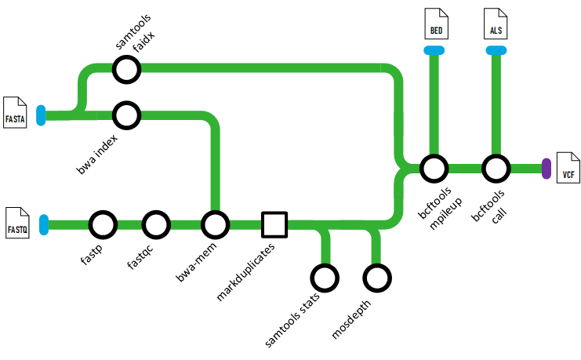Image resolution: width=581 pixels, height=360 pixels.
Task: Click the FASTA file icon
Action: tap(16, 111)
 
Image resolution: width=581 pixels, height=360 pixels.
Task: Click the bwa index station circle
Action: tap(126, 116)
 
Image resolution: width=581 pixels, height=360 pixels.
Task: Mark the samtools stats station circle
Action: tap(325, 278)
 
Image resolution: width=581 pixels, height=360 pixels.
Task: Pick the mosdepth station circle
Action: tap(377, 278)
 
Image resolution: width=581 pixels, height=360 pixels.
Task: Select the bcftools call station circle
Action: tap(496, 168)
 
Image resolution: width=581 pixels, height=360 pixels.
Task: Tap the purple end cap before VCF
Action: tap(547, 168)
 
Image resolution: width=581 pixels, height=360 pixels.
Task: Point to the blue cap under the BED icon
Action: tap(434, 51)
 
